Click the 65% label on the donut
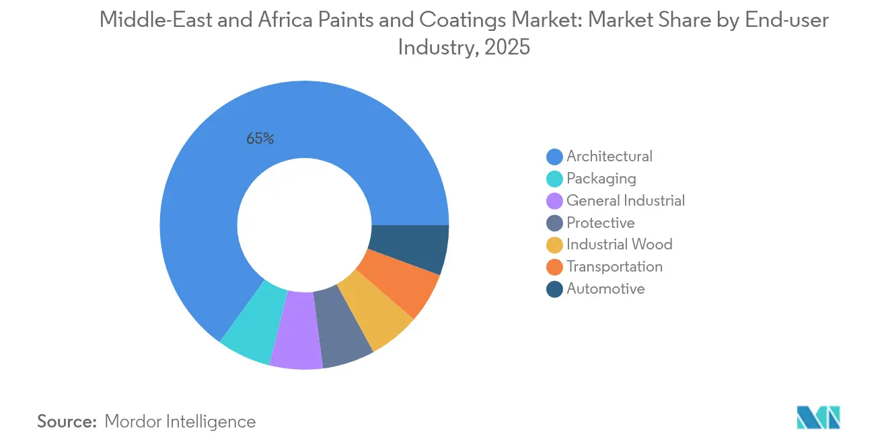(x=260, y=139)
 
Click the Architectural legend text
(x=609, y=157)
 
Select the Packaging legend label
(x=601, y=179)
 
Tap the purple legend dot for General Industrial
(x=554, y=201)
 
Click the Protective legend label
(x=600, y=223)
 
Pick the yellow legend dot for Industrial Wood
(x=554, y=245)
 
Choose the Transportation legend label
(x=614, y=267)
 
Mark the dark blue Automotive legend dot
(x=554, y=289)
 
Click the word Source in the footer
(x=67, y=421)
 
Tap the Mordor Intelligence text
(x=180, y=421)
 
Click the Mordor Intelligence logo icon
(x=818, y=417)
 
